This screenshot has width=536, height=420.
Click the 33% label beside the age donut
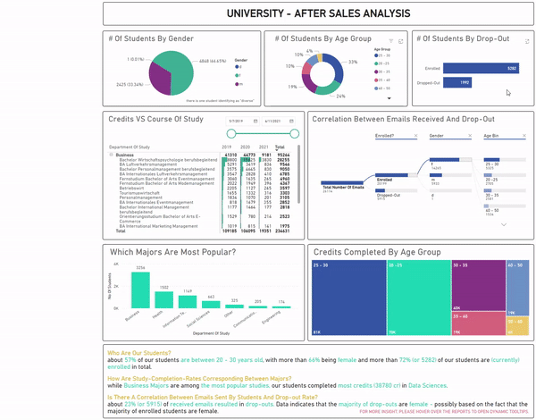tap(352, 62)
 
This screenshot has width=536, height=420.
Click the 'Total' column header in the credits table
tap(280, 147)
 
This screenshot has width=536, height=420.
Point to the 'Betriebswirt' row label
tap(130, 189)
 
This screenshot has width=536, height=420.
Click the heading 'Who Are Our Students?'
tap(140, 351)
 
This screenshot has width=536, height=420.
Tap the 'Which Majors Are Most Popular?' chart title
tap(172, 252)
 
